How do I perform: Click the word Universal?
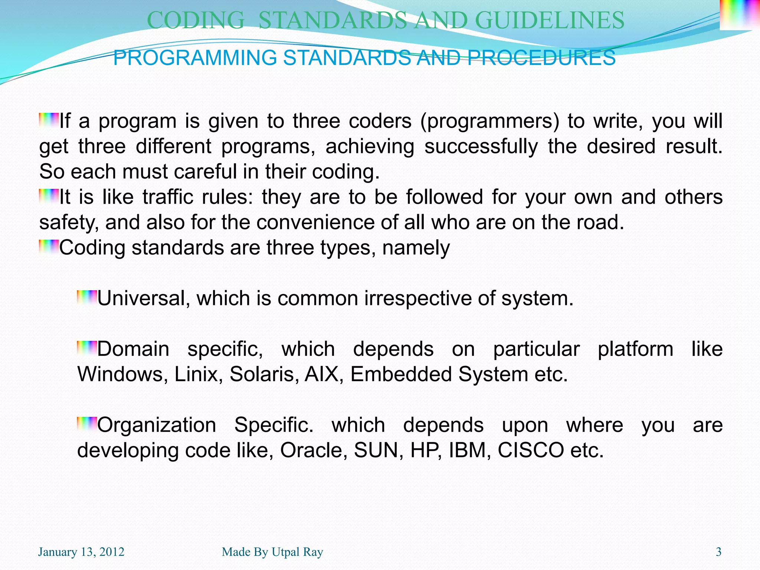tap(141, 298)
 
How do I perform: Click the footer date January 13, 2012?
tap(81, 552)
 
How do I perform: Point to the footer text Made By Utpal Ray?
tap(272, 552)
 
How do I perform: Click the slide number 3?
tap(718, 552)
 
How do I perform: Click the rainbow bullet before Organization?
tap(87, 423)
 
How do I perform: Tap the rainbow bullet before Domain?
tap(87, 347)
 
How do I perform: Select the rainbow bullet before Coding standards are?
tap(49, 246)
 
